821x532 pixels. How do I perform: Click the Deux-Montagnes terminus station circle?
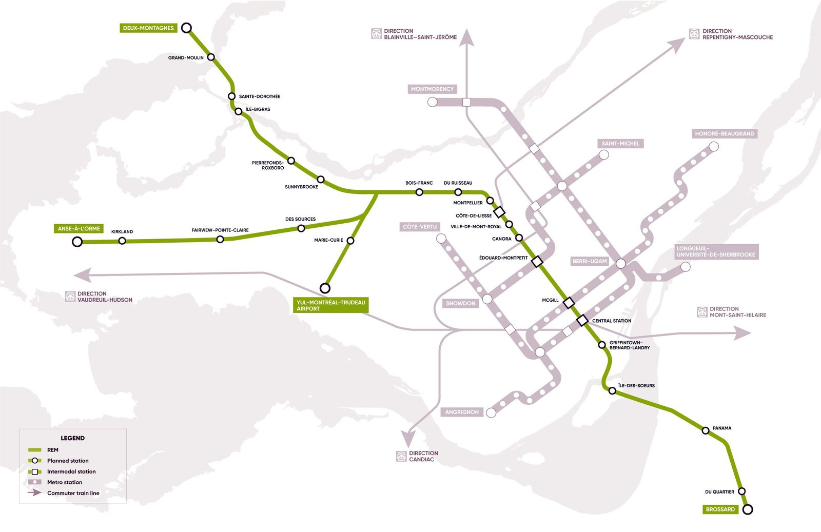coord(187,28)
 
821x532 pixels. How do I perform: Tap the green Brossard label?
coord(720,509)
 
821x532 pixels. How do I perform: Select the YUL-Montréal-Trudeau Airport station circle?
coord(325,288)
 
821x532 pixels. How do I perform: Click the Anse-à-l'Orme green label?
coord(79,229)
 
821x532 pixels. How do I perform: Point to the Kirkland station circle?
coord(122,241)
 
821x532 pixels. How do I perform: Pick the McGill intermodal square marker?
coord(569,303)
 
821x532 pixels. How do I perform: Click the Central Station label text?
coord(612,321)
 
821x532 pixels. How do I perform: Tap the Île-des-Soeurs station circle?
coord(612,391)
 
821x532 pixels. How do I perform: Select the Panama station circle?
coord(706,431)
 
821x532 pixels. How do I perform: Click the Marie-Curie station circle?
coord(350,241)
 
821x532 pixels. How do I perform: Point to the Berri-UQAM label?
coord(590,262)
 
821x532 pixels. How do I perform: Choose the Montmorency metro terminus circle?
coord(433,102)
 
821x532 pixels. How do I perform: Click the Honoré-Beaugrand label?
coord(724,134)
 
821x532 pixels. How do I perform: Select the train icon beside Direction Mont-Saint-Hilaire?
coord(702,312)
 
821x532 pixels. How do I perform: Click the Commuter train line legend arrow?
coord(35,493)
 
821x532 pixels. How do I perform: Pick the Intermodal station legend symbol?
coord(35,471)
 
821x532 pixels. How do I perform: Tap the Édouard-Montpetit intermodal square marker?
coord(537,262)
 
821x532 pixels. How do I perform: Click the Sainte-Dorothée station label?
coord(260,96)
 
